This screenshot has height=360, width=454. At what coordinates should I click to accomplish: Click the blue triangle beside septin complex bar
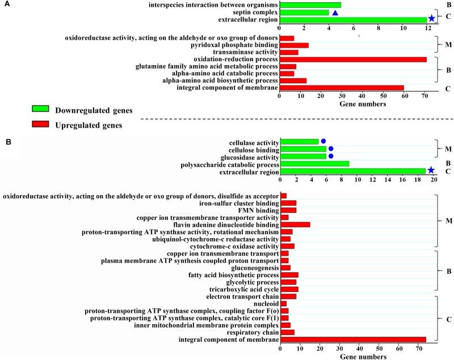click(x=335, y=12)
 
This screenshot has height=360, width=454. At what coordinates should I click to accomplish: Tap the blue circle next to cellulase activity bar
click(x=323, y=141)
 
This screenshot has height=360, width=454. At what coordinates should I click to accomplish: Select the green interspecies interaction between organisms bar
click(x=310, y=5)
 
